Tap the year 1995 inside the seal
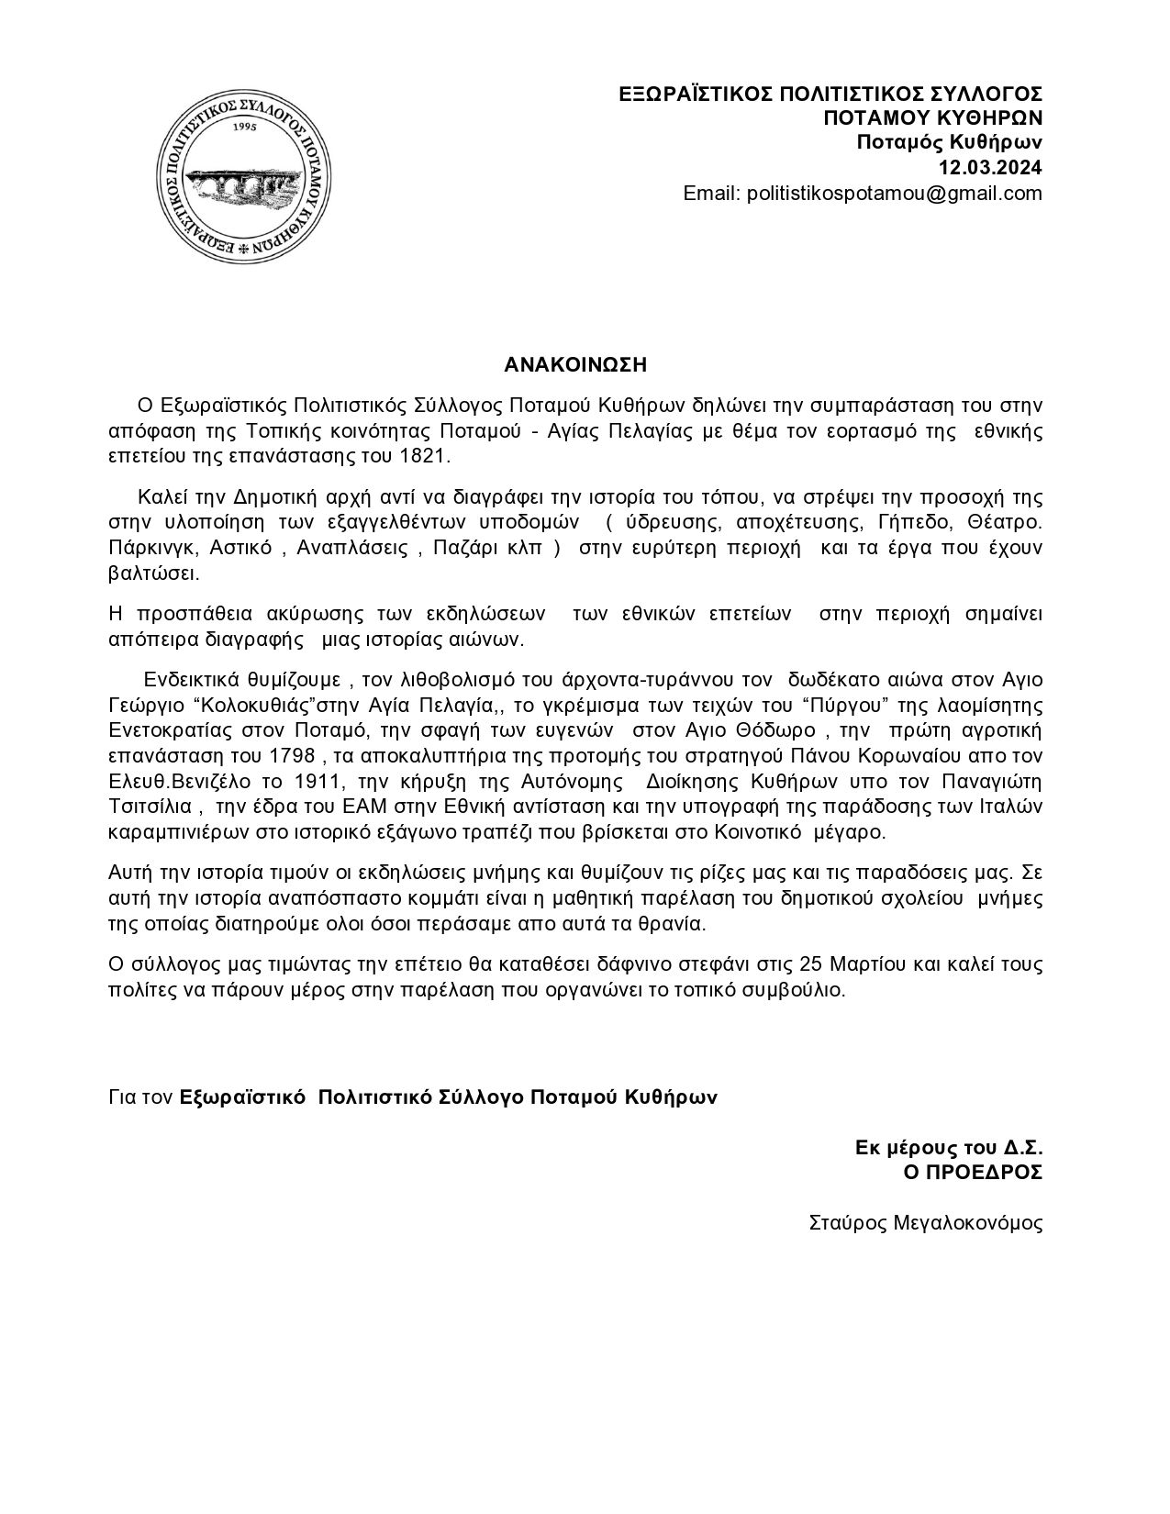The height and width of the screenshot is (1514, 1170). click(x=244, y=128)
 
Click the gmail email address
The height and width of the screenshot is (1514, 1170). click(x=895, y=194)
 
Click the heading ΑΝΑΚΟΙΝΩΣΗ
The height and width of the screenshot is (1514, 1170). click(x=575, y=365)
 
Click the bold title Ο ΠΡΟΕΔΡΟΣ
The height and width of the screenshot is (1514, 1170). click(x=973, y=1173)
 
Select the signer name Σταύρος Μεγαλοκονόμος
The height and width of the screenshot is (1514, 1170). click(x=925, y=1223)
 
